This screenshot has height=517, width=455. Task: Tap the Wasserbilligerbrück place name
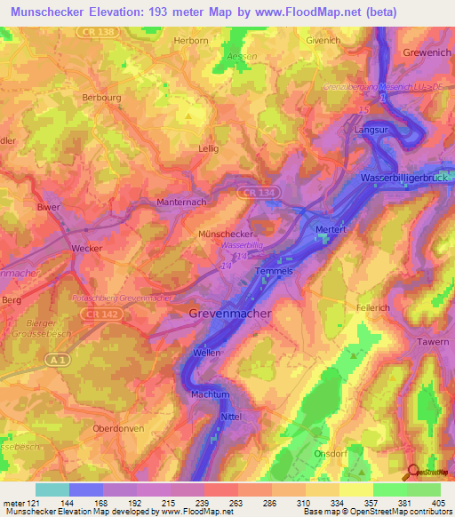(x=403, y=179)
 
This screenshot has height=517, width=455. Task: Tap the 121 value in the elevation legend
(x=34, y=502)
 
